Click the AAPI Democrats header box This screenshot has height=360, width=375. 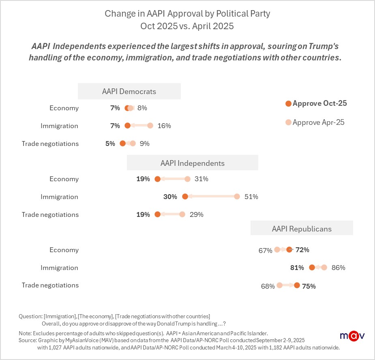pyautogui.click(x=129, y=91)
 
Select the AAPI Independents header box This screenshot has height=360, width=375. pyautogui.click(x=192, y=163)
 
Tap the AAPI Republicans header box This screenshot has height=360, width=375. pyautogui.click(x=301, y=229)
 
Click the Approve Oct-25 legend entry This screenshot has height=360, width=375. pyautogui.click(x=316, y=103)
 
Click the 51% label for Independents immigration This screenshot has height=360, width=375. pyautogui.click(x=251, y=197)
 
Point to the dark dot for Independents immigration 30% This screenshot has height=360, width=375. pyautogui.click(x=185, y=197)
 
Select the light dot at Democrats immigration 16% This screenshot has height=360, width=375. pyautogui.click(x=150, y=126)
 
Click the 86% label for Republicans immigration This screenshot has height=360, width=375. pyautogui.click(x=338, y=268)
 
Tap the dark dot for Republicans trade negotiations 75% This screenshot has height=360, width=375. pyautogui.click(x=297, y=286)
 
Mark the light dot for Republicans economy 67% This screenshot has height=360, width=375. pyautogui.click(x=277, y=250)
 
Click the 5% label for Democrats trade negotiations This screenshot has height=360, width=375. pyautogui.click(x=110, y=144)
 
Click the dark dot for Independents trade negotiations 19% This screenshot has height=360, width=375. pyautogui.click(x=158, y=214)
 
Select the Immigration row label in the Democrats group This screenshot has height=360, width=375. pyautogui.click(x=59, y=126)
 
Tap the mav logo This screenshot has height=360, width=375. pyautogui.click(x=352, y=336)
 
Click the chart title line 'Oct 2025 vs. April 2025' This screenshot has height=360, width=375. pyautogui.click(x=187, y=26)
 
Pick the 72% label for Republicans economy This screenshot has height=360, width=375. pyautogui.click(x=302, y=250)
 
